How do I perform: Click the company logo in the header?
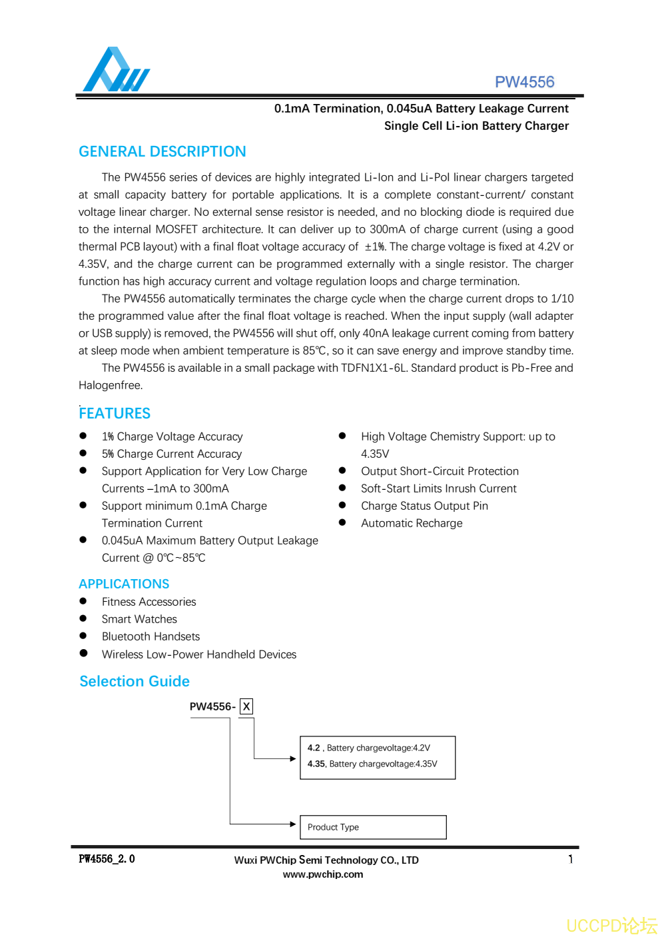116,69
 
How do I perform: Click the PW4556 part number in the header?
524,82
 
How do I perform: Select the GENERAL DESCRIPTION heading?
162,151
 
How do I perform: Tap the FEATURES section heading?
115,413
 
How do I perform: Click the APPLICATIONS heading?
124,584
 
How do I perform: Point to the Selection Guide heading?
135,681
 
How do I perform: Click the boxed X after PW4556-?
246,706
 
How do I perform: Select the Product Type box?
372,827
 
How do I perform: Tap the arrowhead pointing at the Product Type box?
293,824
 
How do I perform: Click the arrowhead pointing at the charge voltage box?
293,758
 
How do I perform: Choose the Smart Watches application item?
139,619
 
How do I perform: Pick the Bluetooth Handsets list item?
151,636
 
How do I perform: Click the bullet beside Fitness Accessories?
83,601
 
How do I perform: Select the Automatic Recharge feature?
412,523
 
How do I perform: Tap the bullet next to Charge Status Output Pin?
342,505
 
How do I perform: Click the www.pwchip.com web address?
323,874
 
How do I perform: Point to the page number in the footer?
570,859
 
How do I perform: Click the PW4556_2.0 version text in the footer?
107,859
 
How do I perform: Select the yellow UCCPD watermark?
611,926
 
